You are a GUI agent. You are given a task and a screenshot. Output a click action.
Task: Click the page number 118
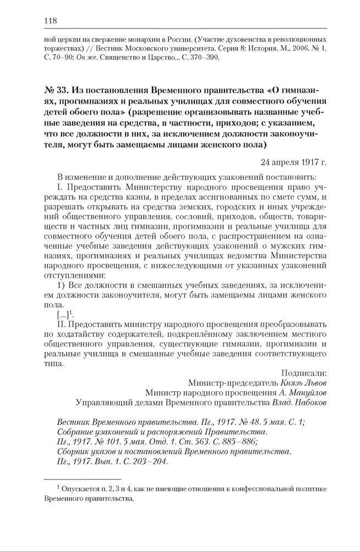[x=50, y=21]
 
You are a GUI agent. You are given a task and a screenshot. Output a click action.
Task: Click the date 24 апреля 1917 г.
[x=294, y=162]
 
